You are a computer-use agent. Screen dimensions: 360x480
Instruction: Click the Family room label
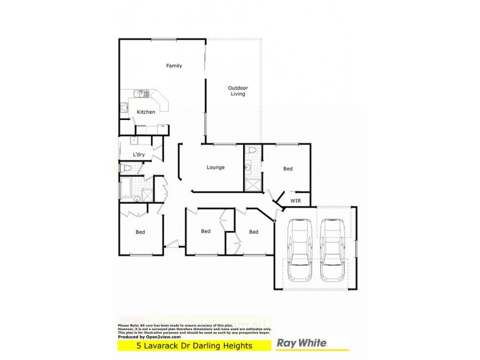coord(174,66)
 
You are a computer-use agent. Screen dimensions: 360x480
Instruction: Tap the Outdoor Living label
coord(238,91)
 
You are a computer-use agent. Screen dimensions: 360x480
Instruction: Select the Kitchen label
coord(146,112)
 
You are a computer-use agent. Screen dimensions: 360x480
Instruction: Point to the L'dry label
coord(139,155)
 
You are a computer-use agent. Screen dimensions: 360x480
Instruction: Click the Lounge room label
coord(215,167)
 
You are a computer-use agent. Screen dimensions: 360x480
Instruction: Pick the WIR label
coord(295,200)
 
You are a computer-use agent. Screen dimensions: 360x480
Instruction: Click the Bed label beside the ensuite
coord(288,169)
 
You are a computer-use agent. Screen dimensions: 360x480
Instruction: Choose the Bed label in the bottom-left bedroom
coord(140,232)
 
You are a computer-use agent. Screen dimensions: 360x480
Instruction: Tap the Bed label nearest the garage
coord(254,232)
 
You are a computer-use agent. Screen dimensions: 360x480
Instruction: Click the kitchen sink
coord(123,108)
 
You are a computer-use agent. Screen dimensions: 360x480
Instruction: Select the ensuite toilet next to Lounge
coord(252,150)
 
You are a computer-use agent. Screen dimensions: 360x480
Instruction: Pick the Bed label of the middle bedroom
coord(205,231)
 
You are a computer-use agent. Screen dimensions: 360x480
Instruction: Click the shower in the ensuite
coord(251,182)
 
